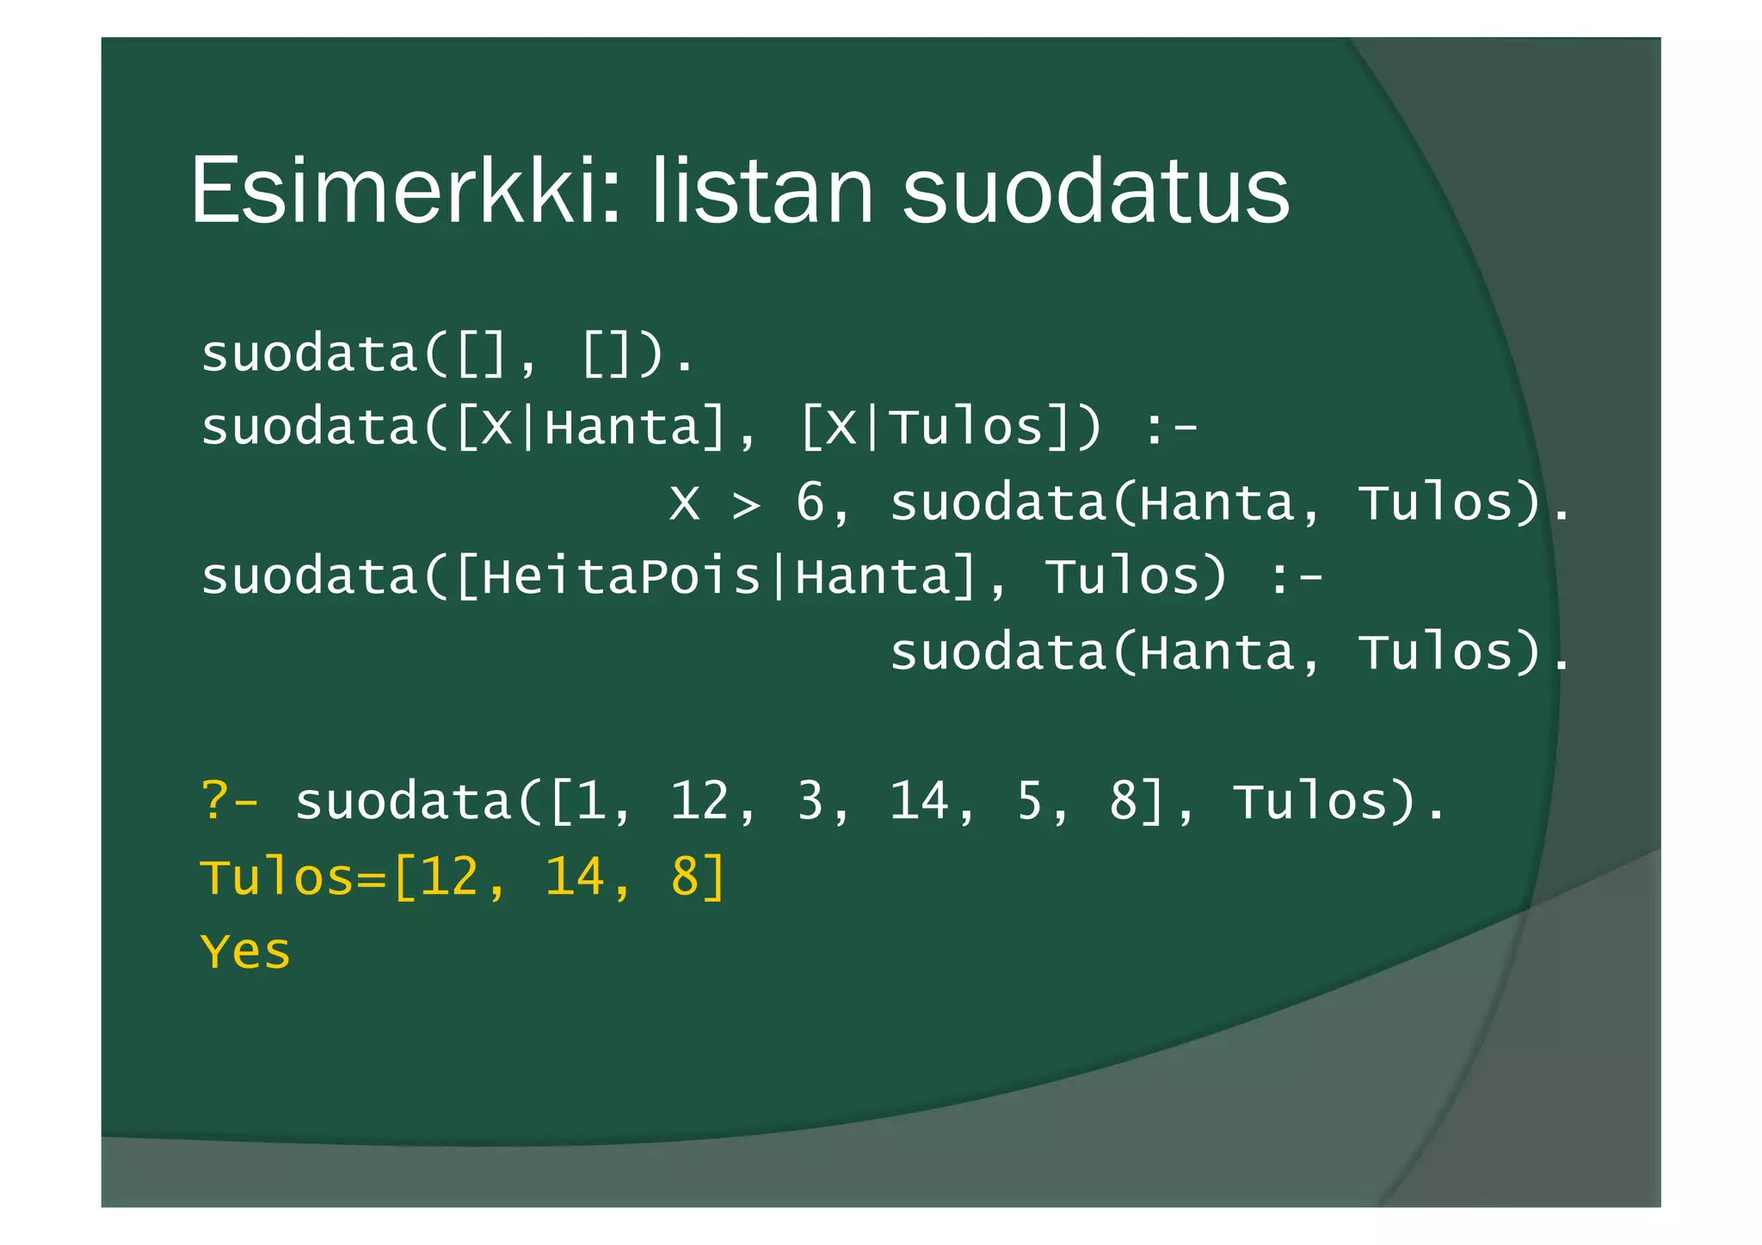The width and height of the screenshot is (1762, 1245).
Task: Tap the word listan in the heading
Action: coord(762,191)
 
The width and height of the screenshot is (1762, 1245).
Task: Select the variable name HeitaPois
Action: coord(621,576)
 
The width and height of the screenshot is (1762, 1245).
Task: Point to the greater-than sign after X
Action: coord(747,504)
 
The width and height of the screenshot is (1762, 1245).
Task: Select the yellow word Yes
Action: coord(245,952)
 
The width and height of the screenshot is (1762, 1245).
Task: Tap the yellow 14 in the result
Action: coord(574,877)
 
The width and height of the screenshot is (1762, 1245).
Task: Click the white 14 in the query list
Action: coord(919,801)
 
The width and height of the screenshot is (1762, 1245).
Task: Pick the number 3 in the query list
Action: coord(810,801)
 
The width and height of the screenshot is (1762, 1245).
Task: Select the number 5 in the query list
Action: coord(1030,801)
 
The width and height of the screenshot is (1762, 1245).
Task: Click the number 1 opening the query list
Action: coord(591,801)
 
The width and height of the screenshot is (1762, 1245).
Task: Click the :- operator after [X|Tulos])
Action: coord(1171,428)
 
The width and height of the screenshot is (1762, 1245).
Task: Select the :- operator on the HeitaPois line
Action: coord(1297,576)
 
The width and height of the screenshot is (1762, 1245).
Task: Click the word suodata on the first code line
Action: coord(309,354)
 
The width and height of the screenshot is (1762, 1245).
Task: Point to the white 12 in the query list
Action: coord(699,801)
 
